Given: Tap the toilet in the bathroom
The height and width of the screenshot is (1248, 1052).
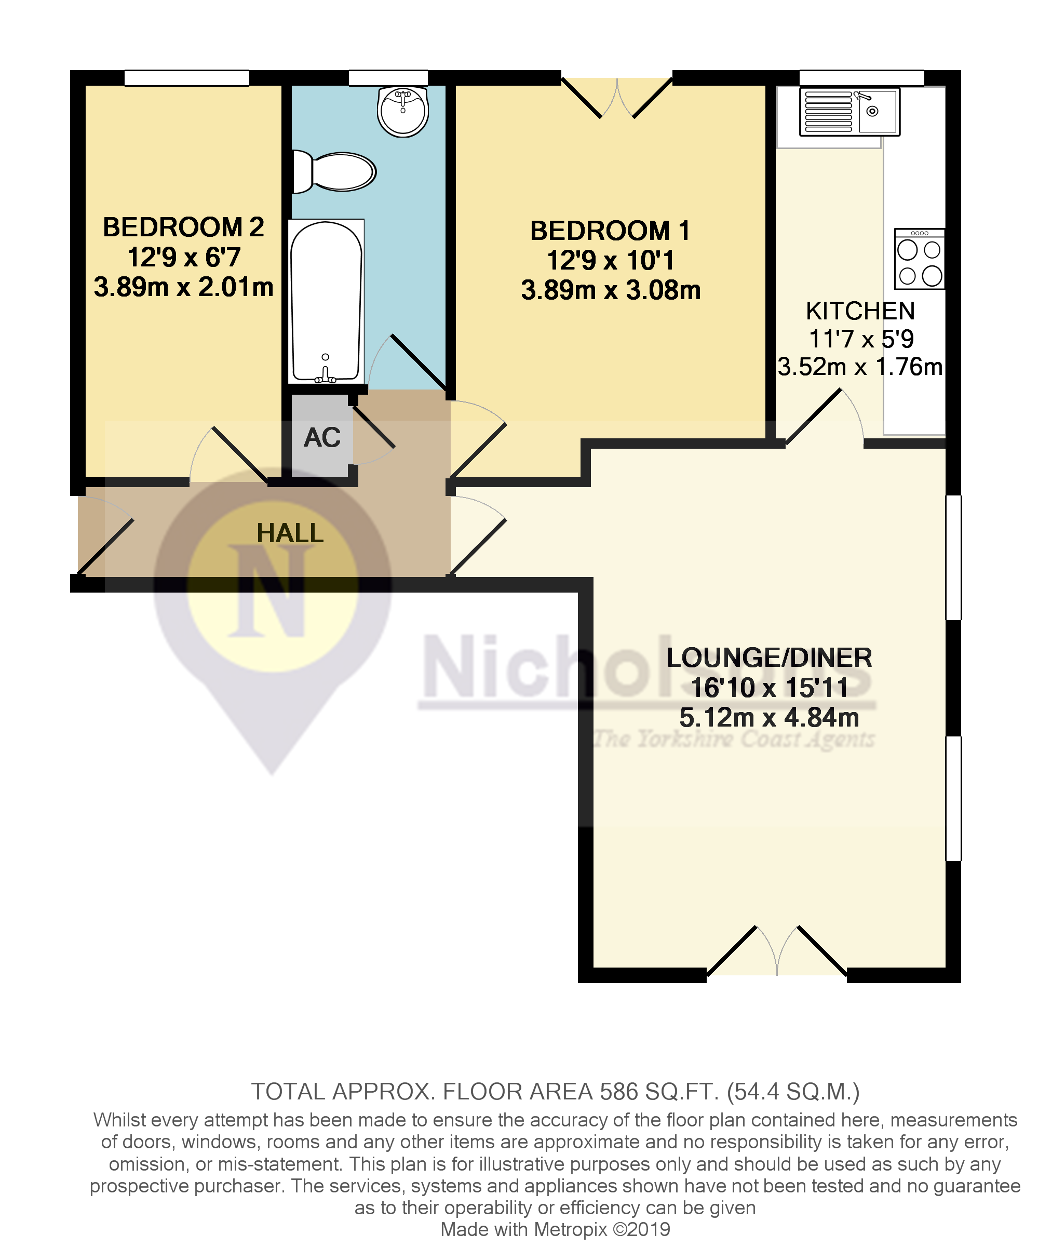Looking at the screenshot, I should [335, 171].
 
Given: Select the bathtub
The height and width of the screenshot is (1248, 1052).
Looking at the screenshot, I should [326, 301].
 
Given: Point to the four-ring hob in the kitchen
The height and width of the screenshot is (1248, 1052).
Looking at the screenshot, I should [919, 259].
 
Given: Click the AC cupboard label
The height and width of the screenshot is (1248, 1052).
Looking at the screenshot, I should [322, 437].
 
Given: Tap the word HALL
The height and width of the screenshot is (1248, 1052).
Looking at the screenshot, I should [290, 533].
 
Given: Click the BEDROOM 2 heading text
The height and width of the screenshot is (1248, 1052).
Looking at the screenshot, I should [183, 227].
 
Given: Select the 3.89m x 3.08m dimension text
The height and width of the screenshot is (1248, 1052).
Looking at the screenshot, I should [610, 290].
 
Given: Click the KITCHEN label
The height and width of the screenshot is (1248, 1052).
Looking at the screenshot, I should [860, 311].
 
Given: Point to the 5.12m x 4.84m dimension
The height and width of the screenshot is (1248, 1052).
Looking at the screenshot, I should [768, 717].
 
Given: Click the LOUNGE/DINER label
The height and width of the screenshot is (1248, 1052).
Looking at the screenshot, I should [768, 657].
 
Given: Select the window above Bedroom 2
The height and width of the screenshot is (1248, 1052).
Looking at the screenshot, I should [186, 78].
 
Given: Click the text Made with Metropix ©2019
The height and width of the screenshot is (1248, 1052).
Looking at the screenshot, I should [555, 1229].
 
